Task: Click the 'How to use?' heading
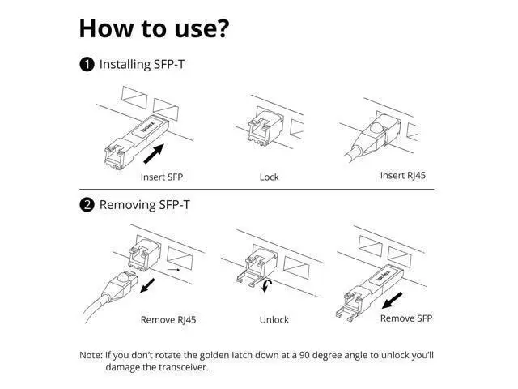pyautogui.click(x=154, y=28)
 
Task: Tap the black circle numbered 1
pyautogui.click(x=87, y=65)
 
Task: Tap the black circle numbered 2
pyautogui.click(x=87, y=205)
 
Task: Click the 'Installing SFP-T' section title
pyautogui.click(x=142, y=64)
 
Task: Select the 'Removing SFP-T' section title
pyautogui.click(x=145, y=205)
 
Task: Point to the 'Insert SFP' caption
pyautogui.click(x=162, y=177)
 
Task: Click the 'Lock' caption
pyautogui.click(x=270, y=177)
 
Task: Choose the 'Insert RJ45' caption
pyautogui.click(x=403, y=175)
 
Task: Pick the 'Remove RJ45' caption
pyautogui.click(x=168, y=320)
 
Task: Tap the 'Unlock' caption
pyautogui.click(x=274, y=320)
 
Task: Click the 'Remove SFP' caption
pyautogui.click(x=406, y=318)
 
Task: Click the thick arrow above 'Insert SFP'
pyautogui.click(x=154, y=153)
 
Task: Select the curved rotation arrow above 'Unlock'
pyautogui.click(x=267, y=286)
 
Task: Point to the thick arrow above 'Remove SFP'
pyautogui.click(x=392, y=300)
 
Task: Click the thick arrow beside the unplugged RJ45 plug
pyautogui.click(x=147, y=285)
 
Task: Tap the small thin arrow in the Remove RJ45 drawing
pyautogui.click(x=174, y=270)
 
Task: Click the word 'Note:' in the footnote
pyautogui.click(x=91, y=355)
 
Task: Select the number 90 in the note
pyautogui.click(x=304, y=355)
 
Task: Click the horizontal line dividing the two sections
pyautogui.click(x=257, y=189)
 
